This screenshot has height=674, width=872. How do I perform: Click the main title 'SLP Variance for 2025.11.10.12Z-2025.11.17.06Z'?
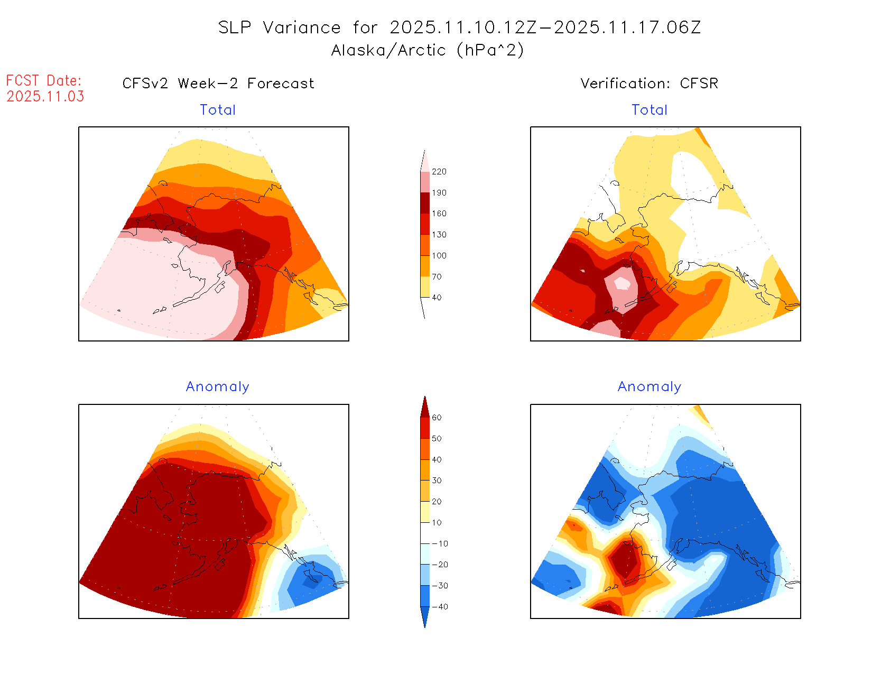pyautogui.click(x=459, y=27)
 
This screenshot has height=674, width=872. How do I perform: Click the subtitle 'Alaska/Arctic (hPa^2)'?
pyautogui.click(x=428, y=50)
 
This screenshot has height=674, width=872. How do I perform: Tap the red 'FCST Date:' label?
pyautogui.click(x=44, y=81)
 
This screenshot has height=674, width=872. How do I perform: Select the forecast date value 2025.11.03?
pyautogui.click(x=45, y=96)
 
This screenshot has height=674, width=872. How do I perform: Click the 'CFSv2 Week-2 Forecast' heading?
pyautogui.click(x=218, y=84)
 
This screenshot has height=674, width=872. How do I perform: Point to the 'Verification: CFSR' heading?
pyautogui.click(x=649, y=84)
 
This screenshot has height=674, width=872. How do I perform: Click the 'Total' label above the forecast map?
pyautogui.click(x=218, y=110)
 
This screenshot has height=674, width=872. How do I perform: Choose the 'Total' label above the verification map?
pyautogui.click(x=650, y=110)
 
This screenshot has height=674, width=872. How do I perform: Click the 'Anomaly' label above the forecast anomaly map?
pyautogui.click(x=218, y=387)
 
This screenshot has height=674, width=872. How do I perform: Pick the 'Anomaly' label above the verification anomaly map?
pyautogui.click(x=650, y=387)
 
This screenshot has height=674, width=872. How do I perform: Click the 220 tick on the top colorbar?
pyautogui.click(x=439, y=172)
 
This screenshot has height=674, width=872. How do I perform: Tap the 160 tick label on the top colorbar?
pyautogui.click(x=439, y=214)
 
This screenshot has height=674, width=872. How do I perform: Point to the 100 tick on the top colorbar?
pyautogui.click(x=439, y=256)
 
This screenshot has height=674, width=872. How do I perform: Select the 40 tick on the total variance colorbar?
pyautogui.click(x=437, y=298)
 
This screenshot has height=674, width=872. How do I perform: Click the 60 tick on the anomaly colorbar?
pyautogui.click(x=437, y=418)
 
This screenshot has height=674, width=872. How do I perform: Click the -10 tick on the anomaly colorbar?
pyautogui.click(x=440, y=544)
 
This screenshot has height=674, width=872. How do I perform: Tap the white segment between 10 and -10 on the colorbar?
pyautogui.click(x=425, y=533)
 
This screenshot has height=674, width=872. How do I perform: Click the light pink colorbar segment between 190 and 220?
pyautogui.click(x=425, y=182)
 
